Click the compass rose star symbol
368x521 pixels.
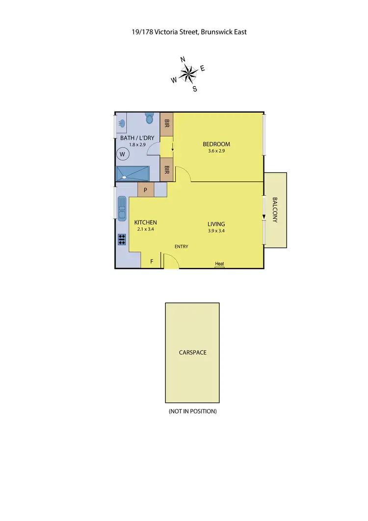[186, 74]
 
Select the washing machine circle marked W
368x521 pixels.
[123, 155]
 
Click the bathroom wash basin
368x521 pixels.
[121, 123]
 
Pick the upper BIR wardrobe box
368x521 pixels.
[167, 122]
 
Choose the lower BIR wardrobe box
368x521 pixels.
[167, 170]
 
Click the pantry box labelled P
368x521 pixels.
[146, 190]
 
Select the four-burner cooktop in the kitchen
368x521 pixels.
[122, 239]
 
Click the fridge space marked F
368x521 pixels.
[152, 261]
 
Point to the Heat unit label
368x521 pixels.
[219, 264]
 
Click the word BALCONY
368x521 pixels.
[275, 210]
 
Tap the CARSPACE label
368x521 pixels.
[192, 353]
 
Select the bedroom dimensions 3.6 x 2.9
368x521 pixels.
[216, 152]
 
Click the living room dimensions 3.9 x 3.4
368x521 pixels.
[216, 231]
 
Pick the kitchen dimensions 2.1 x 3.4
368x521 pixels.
[145, 229]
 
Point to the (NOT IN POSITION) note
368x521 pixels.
[192, 411]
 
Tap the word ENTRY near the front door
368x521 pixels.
[182, 247]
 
